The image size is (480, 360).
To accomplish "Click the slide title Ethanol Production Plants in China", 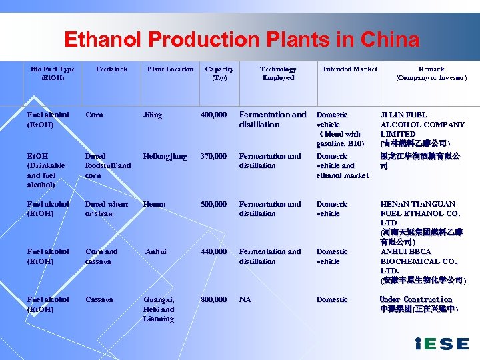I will [x=241, y=40].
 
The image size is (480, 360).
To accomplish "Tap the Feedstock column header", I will [x=111, y=69].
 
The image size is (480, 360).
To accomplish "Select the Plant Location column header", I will [x=170, y=69].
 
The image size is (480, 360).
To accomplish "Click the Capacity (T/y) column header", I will [x=219, y=73].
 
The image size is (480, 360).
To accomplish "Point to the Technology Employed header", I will [x=278, y=73].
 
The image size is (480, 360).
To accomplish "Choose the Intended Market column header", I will [x=350, y=69].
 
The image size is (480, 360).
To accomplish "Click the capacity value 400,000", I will [x=213, y=115].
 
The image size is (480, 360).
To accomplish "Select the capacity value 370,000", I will [x=213, y=157].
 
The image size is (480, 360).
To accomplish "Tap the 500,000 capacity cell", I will [x=213, y=204].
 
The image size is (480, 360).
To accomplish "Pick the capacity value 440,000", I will [x=213, y=251].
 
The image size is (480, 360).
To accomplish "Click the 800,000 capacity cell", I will [x=213, y=299].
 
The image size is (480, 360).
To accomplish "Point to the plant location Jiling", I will [x=153, y=115].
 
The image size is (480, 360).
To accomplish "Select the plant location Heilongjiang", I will [x=165, y=157].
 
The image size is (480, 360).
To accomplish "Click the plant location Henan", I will [x=153, y=204].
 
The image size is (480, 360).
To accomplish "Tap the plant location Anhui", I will [x=156, y=251].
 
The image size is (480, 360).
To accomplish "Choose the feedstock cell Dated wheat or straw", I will [x=107, y=209].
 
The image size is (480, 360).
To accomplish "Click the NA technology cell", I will [x=245, y=299].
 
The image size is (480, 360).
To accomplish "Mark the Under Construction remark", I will [x=415, y=299].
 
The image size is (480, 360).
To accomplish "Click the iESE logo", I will [x=441, y=343].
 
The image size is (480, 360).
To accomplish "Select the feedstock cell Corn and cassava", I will [x=101, y=256].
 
